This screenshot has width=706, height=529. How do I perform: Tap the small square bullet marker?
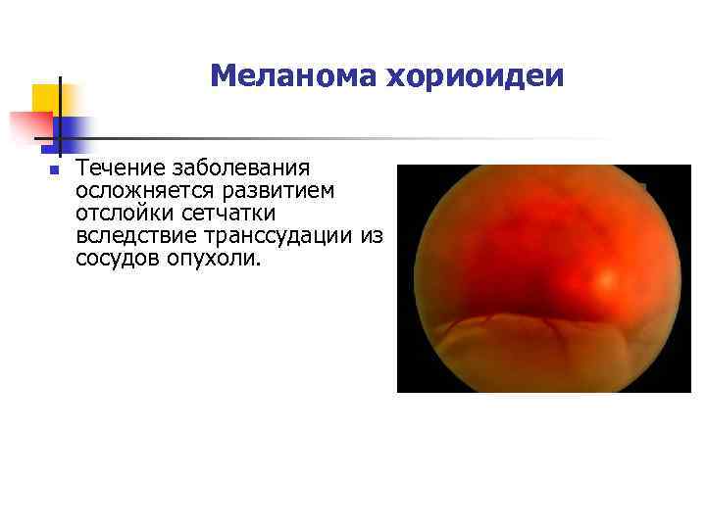click(x=54, y=170)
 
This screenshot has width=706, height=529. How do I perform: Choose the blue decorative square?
click(x=71, y=129)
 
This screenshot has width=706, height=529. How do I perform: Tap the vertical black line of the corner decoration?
click(x=61, y=118)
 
